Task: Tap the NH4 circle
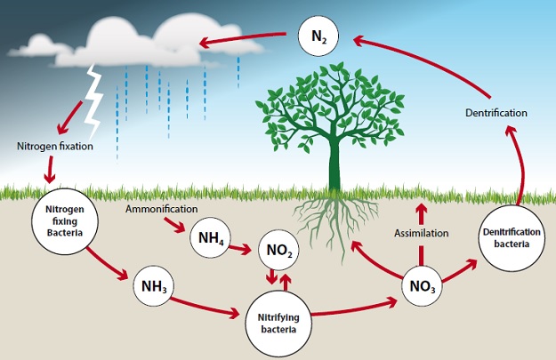[211, 238]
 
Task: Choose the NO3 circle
[421, 286]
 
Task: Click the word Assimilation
[422, 233]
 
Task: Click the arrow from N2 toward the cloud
[245, 40]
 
